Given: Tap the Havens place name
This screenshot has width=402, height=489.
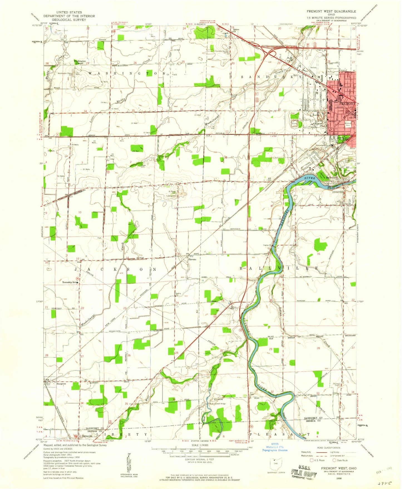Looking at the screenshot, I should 192,260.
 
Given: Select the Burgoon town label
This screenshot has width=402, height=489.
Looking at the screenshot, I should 61,384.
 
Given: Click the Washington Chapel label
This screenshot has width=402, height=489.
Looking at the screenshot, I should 80,62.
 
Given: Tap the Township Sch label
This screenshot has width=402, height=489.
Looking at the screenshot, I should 69,282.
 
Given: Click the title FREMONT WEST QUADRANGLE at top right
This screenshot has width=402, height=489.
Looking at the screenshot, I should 331,11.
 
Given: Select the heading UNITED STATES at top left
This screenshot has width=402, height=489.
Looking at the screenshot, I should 69,12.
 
